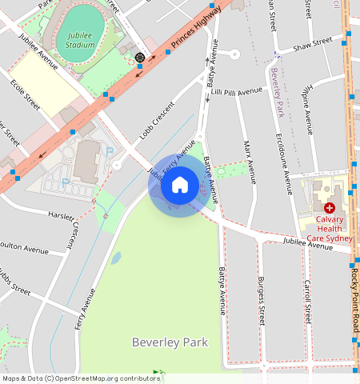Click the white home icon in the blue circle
(180, 186)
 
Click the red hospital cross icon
(329, 207)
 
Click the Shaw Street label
(312, 43)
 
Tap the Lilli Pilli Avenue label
(237, 93)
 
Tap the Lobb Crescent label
(157, 120)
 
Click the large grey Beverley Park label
(170, 342)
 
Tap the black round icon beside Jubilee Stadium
(141, 58)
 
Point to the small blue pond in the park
(117, 258)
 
